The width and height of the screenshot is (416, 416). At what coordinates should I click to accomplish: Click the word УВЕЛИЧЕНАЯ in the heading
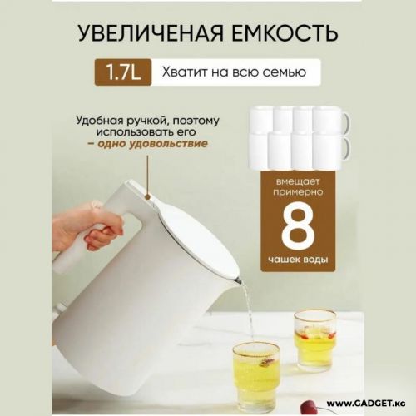tap(151, 33)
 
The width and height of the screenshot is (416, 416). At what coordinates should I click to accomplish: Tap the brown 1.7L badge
tap(123, 72)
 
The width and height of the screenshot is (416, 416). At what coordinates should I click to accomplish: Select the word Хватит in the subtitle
tap(185, 72)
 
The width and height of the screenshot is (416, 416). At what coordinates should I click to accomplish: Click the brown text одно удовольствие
tap(153, 144)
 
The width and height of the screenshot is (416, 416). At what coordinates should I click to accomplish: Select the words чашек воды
tap(298, 260)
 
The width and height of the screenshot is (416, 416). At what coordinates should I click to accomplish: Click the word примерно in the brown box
tap(298, 192)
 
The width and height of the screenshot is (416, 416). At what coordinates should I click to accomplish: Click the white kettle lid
tap(194, 230)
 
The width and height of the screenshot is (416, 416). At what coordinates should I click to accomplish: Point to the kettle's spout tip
tap(239, 279)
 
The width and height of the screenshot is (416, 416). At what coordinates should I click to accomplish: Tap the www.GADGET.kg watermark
tap(366, 403)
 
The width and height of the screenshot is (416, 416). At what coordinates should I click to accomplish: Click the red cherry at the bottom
tap(307, 408)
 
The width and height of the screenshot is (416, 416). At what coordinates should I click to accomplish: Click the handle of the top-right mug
tap(346, 122)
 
